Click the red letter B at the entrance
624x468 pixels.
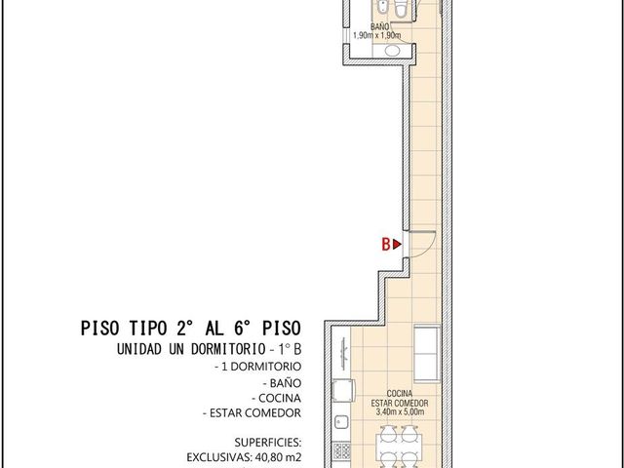click(x=386, y=245)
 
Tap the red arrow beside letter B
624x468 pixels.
click(x=397, y=245)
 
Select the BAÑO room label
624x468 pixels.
click(x=379, y=26)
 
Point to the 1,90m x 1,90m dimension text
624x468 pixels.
click(x=377, y=35)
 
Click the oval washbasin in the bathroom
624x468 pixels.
click(x=392, y=51)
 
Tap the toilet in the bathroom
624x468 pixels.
click(x=400, y=9)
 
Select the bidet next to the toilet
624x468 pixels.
click(x=383, y=8)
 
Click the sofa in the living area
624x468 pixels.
click(x=427, y=353)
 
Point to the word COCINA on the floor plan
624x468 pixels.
click(x=400, y=394)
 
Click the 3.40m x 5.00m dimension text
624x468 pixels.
click(x=400, y=412)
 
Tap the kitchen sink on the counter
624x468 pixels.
click(x=341, y=422)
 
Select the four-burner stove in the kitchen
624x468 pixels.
click(x=341, y=450)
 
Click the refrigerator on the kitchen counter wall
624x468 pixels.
click(x=342, y=390)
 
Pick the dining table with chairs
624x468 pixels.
click(x=399, y=447)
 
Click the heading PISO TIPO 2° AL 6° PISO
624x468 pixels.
click(x=191, y=329)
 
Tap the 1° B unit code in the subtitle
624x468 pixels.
click(x=290, y=349)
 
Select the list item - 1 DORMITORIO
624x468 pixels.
click(x=257, y=367)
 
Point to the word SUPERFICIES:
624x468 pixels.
click(x=268, y=442)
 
